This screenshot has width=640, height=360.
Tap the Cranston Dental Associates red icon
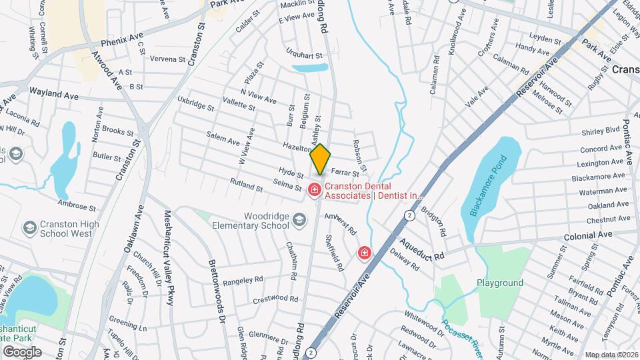314,190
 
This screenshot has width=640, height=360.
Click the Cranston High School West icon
29,229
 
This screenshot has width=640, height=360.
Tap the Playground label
499,283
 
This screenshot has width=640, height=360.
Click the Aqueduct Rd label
423,249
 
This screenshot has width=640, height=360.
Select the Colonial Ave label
587,235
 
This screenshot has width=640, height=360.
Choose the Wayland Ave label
53,96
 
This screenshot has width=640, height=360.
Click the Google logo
22,351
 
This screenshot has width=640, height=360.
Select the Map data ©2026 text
611,355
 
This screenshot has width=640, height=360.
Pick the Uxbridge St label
195,103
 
